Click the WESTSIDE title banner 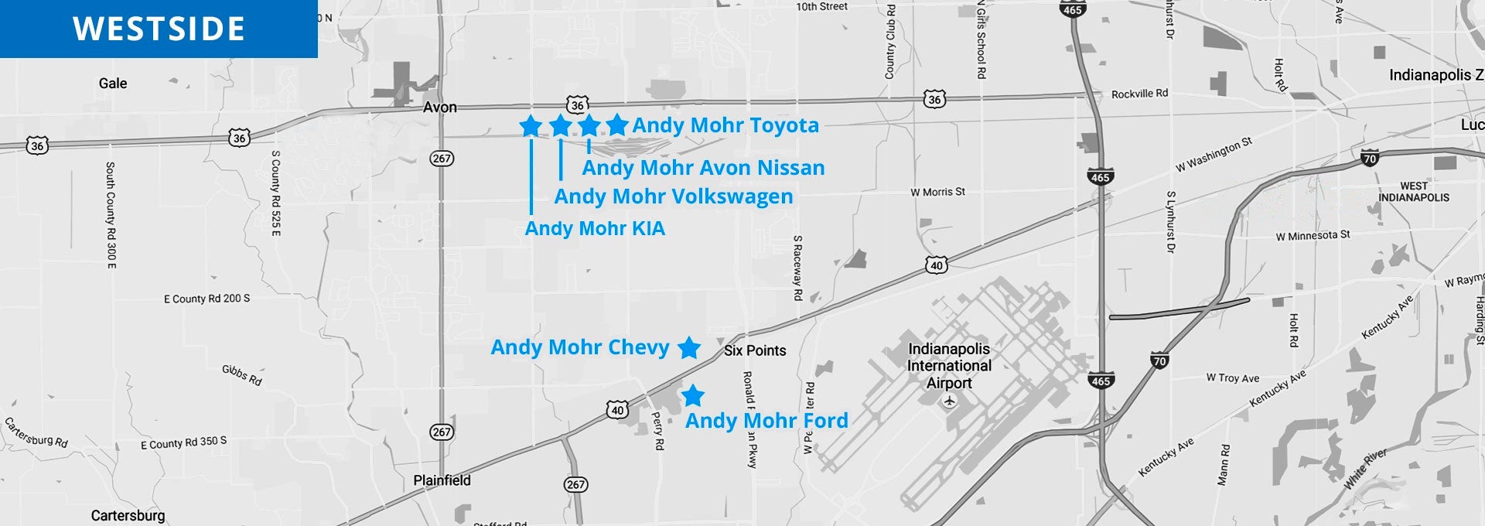pos(159,29)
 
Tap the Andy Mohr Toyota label pos(725,125)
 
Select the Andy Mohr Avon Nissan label pos(703,168)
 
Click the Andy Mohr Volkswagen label pos(674,196)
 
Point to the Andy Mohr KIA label pos(595,229)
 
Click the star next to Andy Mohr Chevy pos(689,348)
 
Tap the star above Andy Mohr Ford pos(693,396)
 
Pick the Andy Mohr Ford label pos(766,421)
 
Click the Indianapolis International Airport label pos(949,366)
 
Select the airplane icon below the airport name pos(951,401)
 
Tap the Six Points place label pos(755,351)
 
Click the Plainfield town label pos(442,480)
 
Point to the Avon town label pos(439,108)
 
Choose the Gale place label pos(113,84)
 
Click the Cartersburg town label pos(128,516)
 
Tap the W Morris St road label pos(937,192)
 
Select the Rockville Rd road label pos(1139,94)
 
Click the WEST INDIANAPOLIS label pos(1414,192)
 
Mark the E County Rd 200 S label pos(207,299)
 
